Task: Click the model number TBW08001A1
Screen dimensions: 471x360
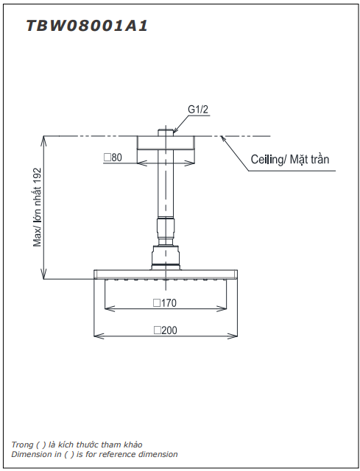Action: point(87,26)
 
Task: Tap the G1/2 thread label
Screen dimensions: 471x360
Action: point(198,110)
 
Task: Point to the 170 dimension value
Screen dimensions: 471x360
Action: point(169,302)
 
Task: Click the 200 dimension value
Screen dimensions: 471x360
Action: point(169,330)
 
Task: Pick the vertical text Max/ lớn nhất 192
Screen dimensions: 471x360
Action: point(38,207)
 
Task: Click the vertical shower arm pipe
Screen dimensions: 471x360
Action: point(166,184)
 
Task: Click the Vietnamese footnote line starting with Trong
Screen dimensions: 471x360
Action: point(77,445)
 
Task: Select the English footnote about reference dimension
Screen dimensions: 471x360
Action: point(94,455)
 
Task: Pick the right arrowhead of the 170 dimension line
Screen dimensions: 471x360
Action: point(225,308)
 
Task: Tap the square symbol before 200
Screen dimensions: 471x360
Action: point(157,330)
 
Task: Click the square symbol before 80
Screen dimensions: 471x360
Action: point(107,157)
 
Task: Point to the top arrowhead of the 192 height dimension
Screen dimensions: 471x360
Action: point(44,139)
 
